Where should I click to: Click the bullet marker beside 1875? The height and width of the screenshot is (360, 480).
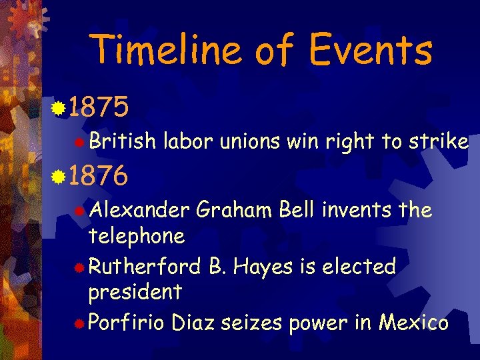59,107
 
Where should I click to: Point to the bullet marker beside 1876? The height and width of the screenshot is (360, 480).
59,177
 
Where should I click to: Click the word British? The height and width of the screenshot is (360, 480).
122,141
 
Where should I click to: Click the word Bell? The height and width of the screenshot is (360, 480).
297,211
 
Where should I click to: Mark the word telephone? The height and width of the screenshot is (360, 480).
136,236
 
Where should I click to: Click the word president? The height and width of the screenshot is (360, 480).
135,292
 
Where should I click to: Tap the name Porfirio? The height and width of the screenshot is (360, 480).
127,323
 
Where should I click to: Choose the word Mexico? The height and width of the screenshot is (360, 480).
413,323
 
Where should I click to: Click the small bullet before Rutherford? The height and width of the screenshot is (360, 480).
79,268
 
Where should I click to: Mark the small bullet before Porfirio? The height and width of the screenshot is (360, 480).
79,325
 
